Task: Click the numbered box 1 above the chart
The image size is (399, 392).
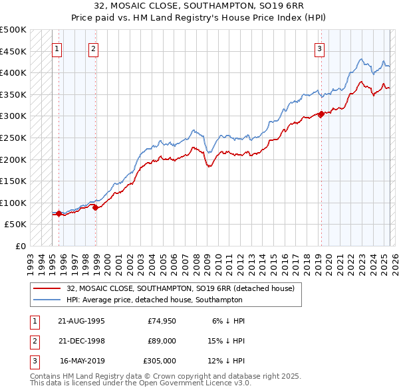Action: [57, 48]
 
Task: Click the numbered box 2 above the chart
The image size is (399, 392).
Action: [94, 48]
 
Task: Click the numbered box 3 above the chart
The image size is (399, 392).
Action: [320, 48]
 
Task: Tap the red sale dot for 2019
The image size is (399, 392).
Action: [321, 114]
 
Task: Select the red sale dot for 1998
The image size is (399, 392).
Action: [96, 207]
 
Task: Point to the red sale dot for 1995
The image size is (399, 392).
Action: [59, 213]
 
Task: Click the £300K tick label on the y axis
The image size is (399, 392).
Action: [13, 116]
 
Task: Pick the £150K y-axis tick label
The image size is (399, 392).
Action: [13, 181]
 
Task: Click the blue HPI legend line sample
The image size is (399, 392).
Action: [47, 300]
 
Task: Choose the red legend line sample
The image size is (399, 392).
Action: [47, 288]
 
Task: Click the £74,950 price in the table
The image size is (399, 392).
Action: [162, 320]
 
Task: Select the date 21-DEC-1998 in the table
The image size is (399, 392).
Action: [82, 340]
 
